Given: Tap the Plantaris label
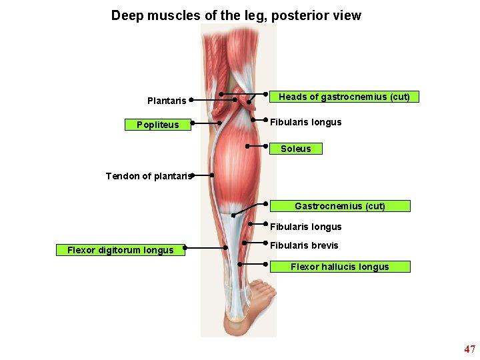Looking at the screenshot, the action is tap(167, 101).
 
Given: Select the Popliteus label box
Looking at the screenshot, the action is tap(158, 125).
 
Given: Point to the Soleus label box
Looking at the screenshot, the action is tap(295, 149).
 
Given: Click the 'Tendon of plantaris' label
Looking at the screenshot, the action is tap(148, 176).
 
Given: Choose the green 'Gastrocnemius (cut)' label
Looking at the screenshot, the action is tap(340, 206).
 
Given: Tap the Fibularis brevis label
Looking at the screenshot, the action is tap(304, 245).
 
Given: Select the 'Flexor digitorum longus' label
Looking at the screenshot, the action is tap(120, 251).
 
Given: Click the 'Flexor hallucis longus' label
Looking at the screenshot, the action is tap(339, 267).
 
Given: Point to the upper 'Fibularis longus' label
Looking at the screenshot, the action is tap(305, 122).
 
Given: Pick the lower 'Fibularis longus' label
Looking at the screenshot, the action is tap(305, 227).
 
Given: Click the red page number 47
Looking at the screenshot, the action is tap(470, 349).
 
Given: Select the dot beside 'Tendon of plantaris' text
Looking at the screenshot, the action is tap(191, 175).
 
